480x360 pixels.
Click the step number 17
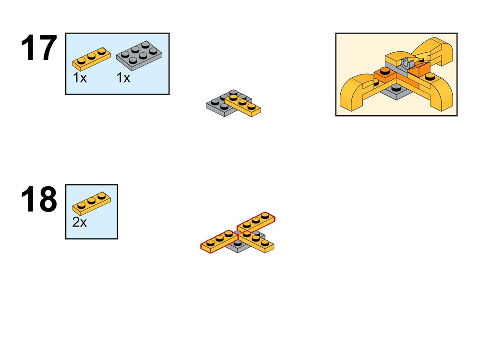point(39,48)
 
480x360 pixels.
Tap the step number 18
point(39,199)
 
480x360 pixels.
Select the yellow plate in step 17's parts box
point(92,59)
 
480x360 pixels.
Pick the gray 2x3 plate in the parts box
point(139,55)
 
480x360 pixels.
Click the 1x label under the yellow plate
point(80,78)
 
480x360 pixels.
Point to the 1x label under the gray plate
point(123,78)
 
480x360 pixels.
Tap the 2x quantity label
point(80,222)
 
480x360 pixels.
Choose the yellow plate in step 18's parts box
point(92,203)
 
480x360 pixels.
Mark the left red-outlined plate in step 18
point(219,242)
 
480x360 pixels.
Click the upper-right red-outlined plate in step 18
point(256,222)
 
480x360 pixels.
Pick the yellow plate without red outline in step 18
point(256,242)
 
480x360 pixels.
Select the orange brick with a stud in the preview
point(385,75)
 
